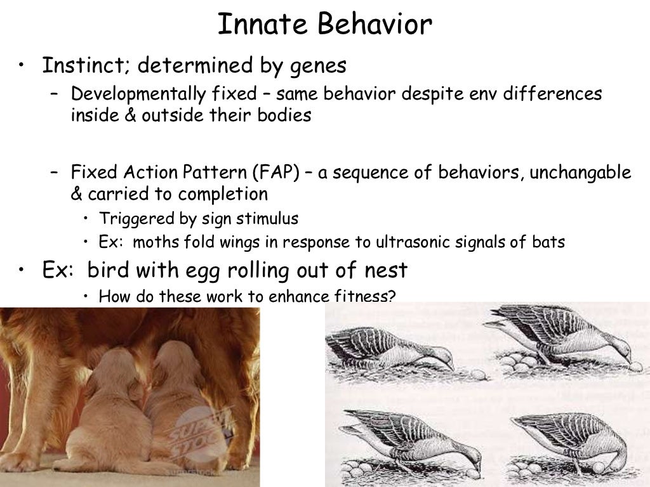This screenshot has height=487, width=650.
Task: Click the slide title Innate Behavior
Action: (324, 25)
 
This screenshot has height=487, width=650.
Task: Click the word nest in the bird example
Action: (381, 270)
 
